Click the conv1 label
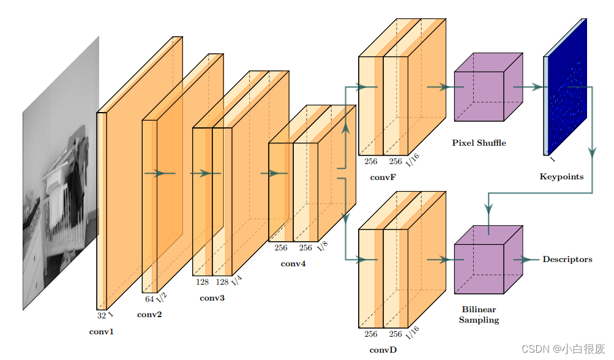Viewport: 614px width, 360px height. pyautogui.click(x=102, y=332)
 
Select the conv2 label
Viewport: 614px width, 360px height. pyautogui.click(x=149, y=315)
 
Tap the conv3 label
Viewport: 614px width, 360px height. pyautogui.click(x=212, y=298)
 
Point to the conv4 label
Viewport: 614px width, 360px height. pyautogui.click(x=293, y=264)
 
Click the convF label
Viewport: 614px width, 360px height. pyautogui.click(x=383, y=178)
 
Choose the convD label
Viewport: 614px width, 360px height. pyautogui.click(x=383, y=350)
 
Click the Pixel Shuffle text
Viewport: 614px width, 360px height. pyautogui.click(x=479, y=143)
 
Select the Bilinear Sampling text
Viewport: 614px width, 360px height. pyautogui.click(x=479, y=315)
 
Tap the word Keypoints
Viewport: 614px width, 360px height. pyautogui.click(x=561, y=177)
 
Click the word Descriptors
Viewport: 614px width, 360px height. pyautogui.click(x=567, y=260)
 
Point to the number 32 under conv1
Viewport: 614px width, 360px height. pyautogui.click(x=102, y=316)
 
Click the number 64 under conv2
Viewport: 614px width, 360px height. pyautogui.click(x=149, y=299)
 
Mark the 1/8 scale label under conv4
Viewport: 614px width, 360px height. pyautogui.click(x=323, y=246)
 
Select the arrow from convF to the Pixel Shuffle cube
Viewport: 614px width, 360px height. pyautogui.click(x=438, y=87)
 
